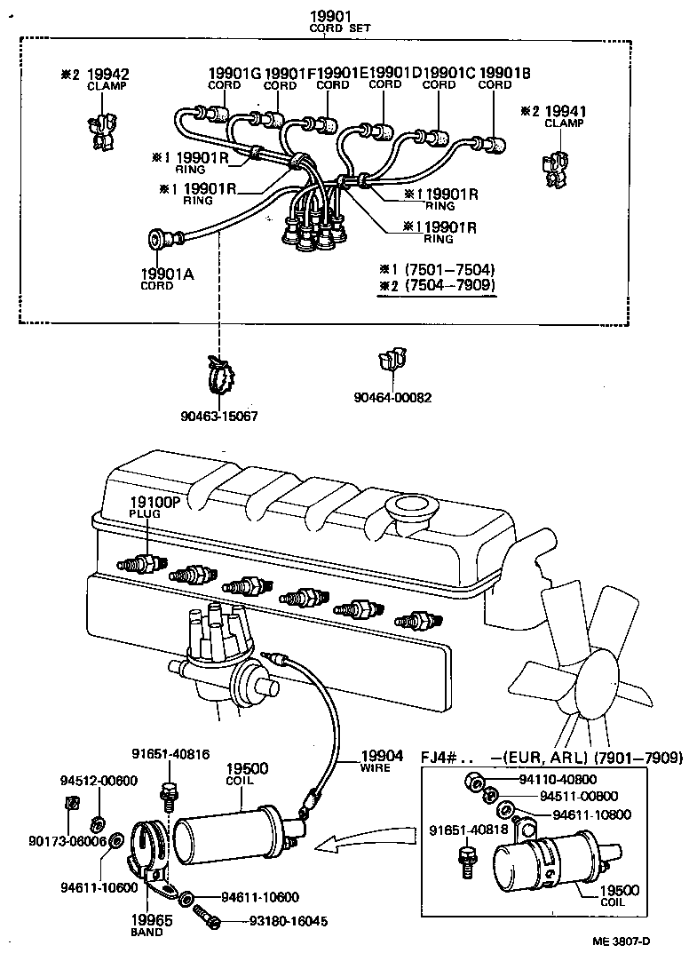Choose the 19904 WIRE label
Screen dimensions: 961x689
click(x=376, y=762)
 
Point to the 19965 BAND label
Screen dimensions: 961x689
click(x=147, y=925)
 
